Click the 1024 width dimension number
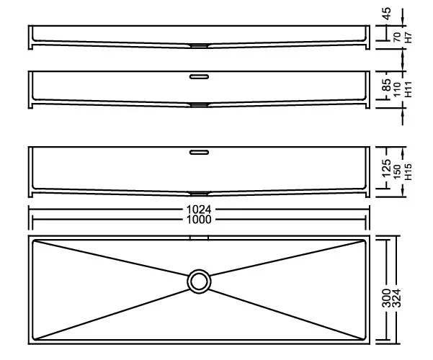(x=199, y=210)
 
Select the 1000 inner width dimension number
(x=199, y=220)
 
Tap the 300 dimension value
(x=386, y=298)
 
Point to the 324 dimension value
(x=396, y=298)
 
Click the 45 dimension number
(x=387, y=14)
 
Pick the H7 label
(x=408, y=37)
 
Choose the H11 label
(x=408, y=89)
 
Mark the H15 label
(x=408, y=172)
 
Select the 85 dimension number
(x=387, y=85)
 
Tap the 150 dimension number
(x=397, y=172)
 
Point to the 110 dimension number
(x=397, y=89)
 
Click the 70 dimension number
(x=397, y=37)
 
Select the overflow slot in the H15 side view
(x=199, y=152)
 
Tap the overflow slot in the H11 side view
(x=199, y=76)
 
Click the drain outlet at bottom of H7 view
(x=199, y=45)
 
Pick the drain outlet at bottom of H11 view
(x=199, y=105)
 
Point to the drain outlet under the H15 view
(x=199, y=193)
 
